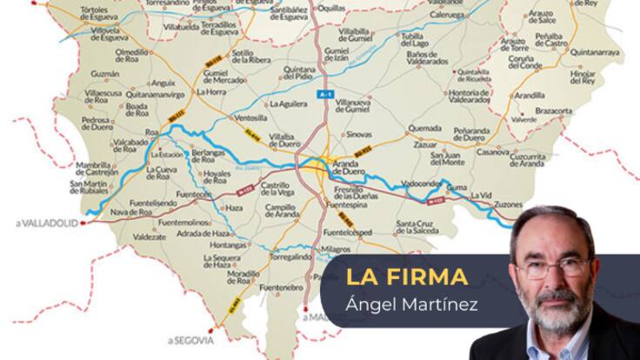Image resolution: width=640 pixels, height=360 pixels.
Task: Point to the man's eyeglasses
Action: [x=555, y=265]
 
